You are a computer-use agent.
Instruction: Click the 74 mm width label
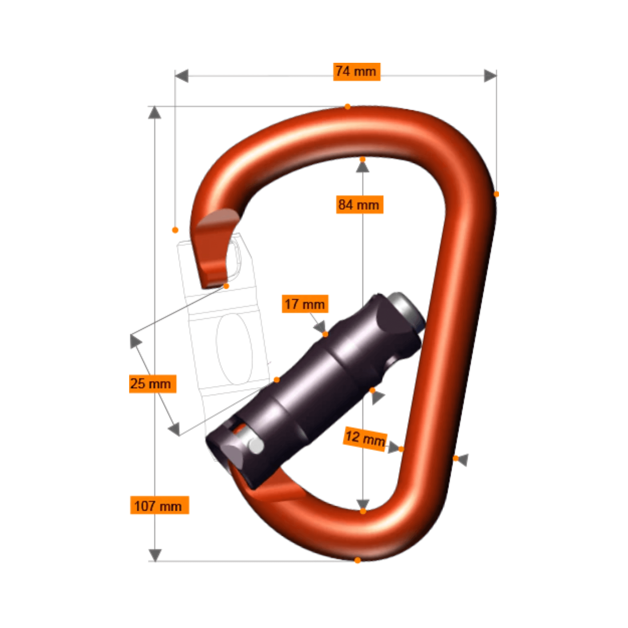coord(357,72)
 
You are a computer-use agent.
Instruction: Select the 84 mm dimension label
coord(360,205)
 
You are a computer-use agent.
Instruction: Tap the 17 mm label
coord(305,304)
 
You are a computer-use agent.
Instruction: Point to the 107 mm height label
coord(159,506)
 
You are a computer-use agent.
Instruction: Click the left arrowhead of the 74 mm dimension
coord(182,76)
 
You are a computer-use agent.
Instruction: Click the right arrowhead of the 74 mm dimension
coord(490,76)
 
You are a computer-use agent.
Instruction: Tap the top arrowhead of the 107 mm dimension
coord(155,113)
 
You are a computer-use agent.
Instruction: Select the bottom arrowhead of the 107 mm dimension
coord(155,555)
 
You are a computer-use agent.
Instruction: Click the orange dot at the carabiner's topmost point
coord(348,107)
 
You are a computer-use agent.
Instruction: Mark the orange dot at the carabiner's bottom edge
coord(358,560)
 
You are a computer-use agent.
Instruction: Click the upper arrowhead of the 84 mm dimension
coord(362,167)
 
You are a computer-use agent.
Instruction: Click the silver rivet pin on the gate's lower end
coord(256,446)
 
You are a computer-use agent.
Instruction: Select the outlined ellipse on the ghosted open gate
coord(234,349)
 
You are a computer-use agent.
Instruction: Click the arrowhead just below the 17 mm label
coord(320,327)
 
